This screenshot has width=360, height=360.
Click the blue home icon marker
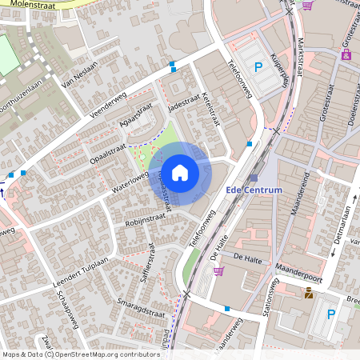point(180,172)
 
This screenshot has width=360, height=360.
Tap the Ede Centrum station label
point(254,190)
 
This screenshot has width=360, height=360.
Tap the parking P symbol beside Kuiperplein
point(258,67)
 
